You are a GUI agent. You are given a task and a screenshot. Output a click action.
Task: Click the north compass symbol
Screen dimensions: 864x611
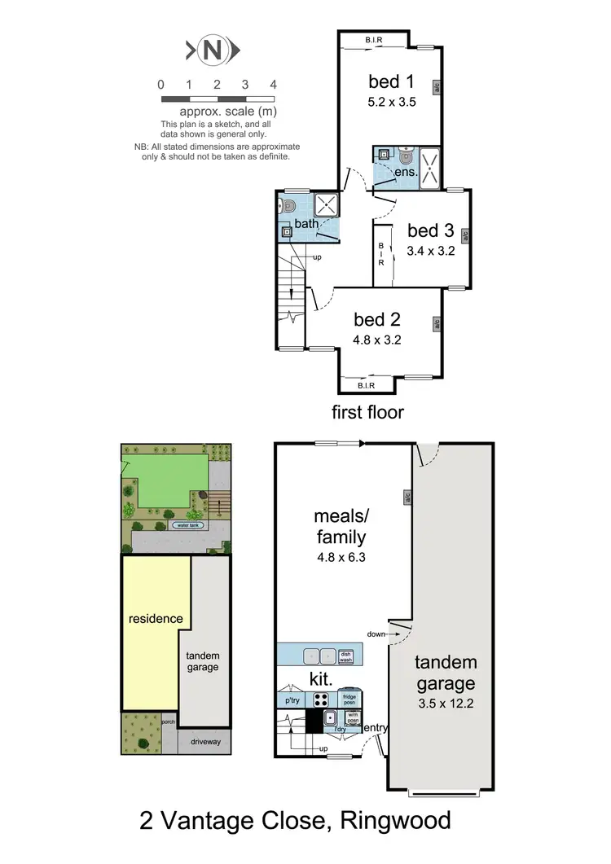click(x=213, y=50)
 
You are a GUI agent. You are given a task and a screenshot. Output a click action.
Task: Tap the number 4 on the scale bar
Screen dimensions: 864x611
click(x=274, y=85)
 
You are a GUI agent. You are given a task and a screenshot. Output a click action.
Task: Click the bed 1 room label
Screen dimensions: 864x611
click(x=385, y=81)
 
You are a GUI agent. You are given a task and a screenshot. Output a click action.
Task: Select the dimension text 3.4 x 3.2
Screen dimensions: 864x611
click(x=430, y=251)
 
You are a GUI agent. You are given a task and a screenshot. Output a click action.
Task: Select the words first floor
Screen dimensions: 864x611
click(x=367, y=412)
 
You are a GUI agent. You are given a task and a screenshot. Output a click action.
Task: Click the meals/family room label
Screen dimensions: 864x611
click(x=340, y=526)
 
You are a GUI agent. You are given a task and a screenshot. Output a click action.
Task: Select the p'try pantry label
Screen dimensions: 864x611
click(x=290, y=699)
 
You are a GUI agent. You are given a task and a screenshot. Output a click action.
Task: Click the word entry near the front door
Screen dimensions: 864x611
click(x=376, y=727)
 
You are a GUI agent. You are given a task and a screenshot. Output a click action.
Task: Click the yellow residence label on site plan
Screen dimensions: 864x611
click(x=156, y=619)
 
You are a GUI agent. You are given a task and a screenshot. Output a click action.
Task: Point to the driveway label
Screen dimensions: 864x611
click(x=204, y=742)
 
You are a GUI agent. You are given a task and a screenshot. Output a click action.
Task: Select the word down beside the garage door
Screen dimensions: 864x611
click(x=376, y=634)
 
